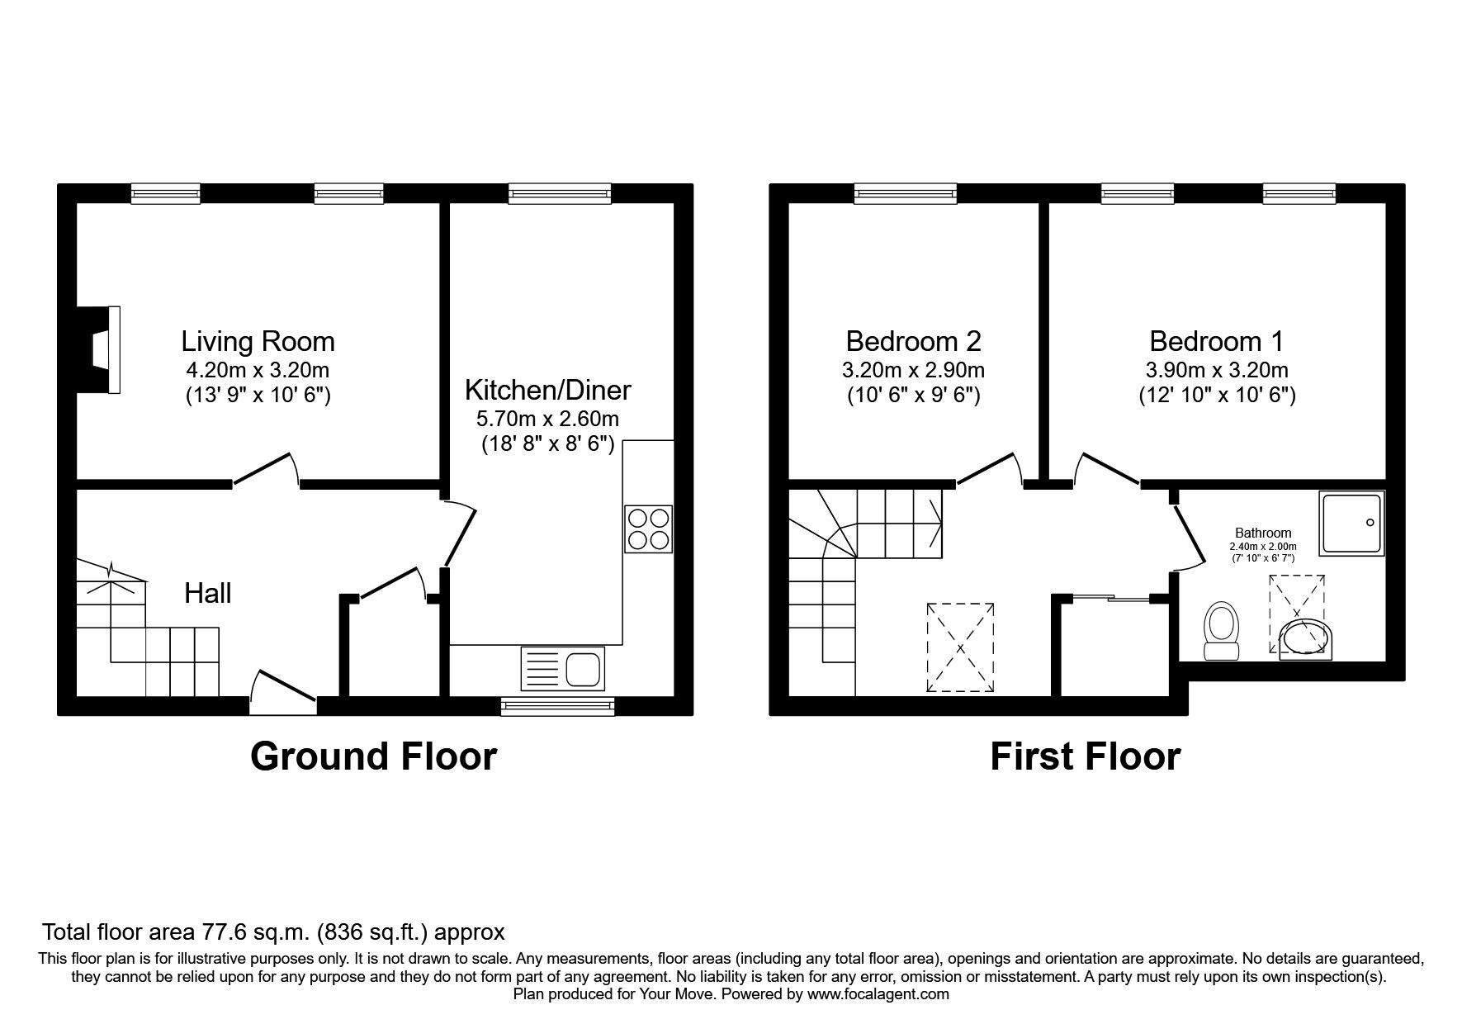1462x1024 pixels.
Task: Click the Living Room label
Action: point(258,341)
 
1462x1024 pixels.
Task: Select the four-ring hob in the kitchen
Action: point(649,529)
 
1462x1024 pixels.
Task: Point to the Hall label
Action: point(207,593)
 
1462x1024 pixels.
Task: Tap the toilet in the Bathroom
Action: point(1222,632)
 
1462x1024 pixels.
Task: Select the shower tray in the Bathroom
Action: point(1351,523)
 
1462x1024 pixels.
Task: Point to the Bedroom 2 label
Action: point(913,341)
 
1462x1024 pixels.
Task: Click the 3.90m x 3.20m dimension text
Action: point(1216,370)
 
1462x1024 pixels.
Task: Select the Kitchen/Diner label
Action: point(547,389)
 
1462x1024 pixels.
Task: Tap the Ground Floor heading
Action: point(373,756)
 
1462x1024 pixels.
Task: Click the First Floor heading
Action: point(1085,756)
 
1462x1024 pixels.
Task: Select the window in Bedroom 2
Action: point(906,194)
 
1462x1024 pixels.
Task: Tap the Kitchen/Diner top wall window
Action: point(560,194)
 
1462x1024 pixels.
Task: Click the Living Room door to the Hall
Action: point(266,468)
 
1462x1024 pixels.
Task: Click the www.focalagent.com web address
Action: point(878,994)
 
